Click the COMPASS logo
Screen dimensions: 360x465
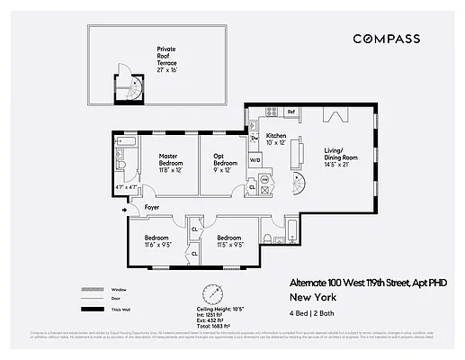(x=387, y=39)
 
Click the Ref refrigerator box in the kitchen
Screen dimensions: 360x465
(x=291, y=112)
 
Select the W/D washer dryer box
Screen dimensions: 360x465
(x=255, y=161)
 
